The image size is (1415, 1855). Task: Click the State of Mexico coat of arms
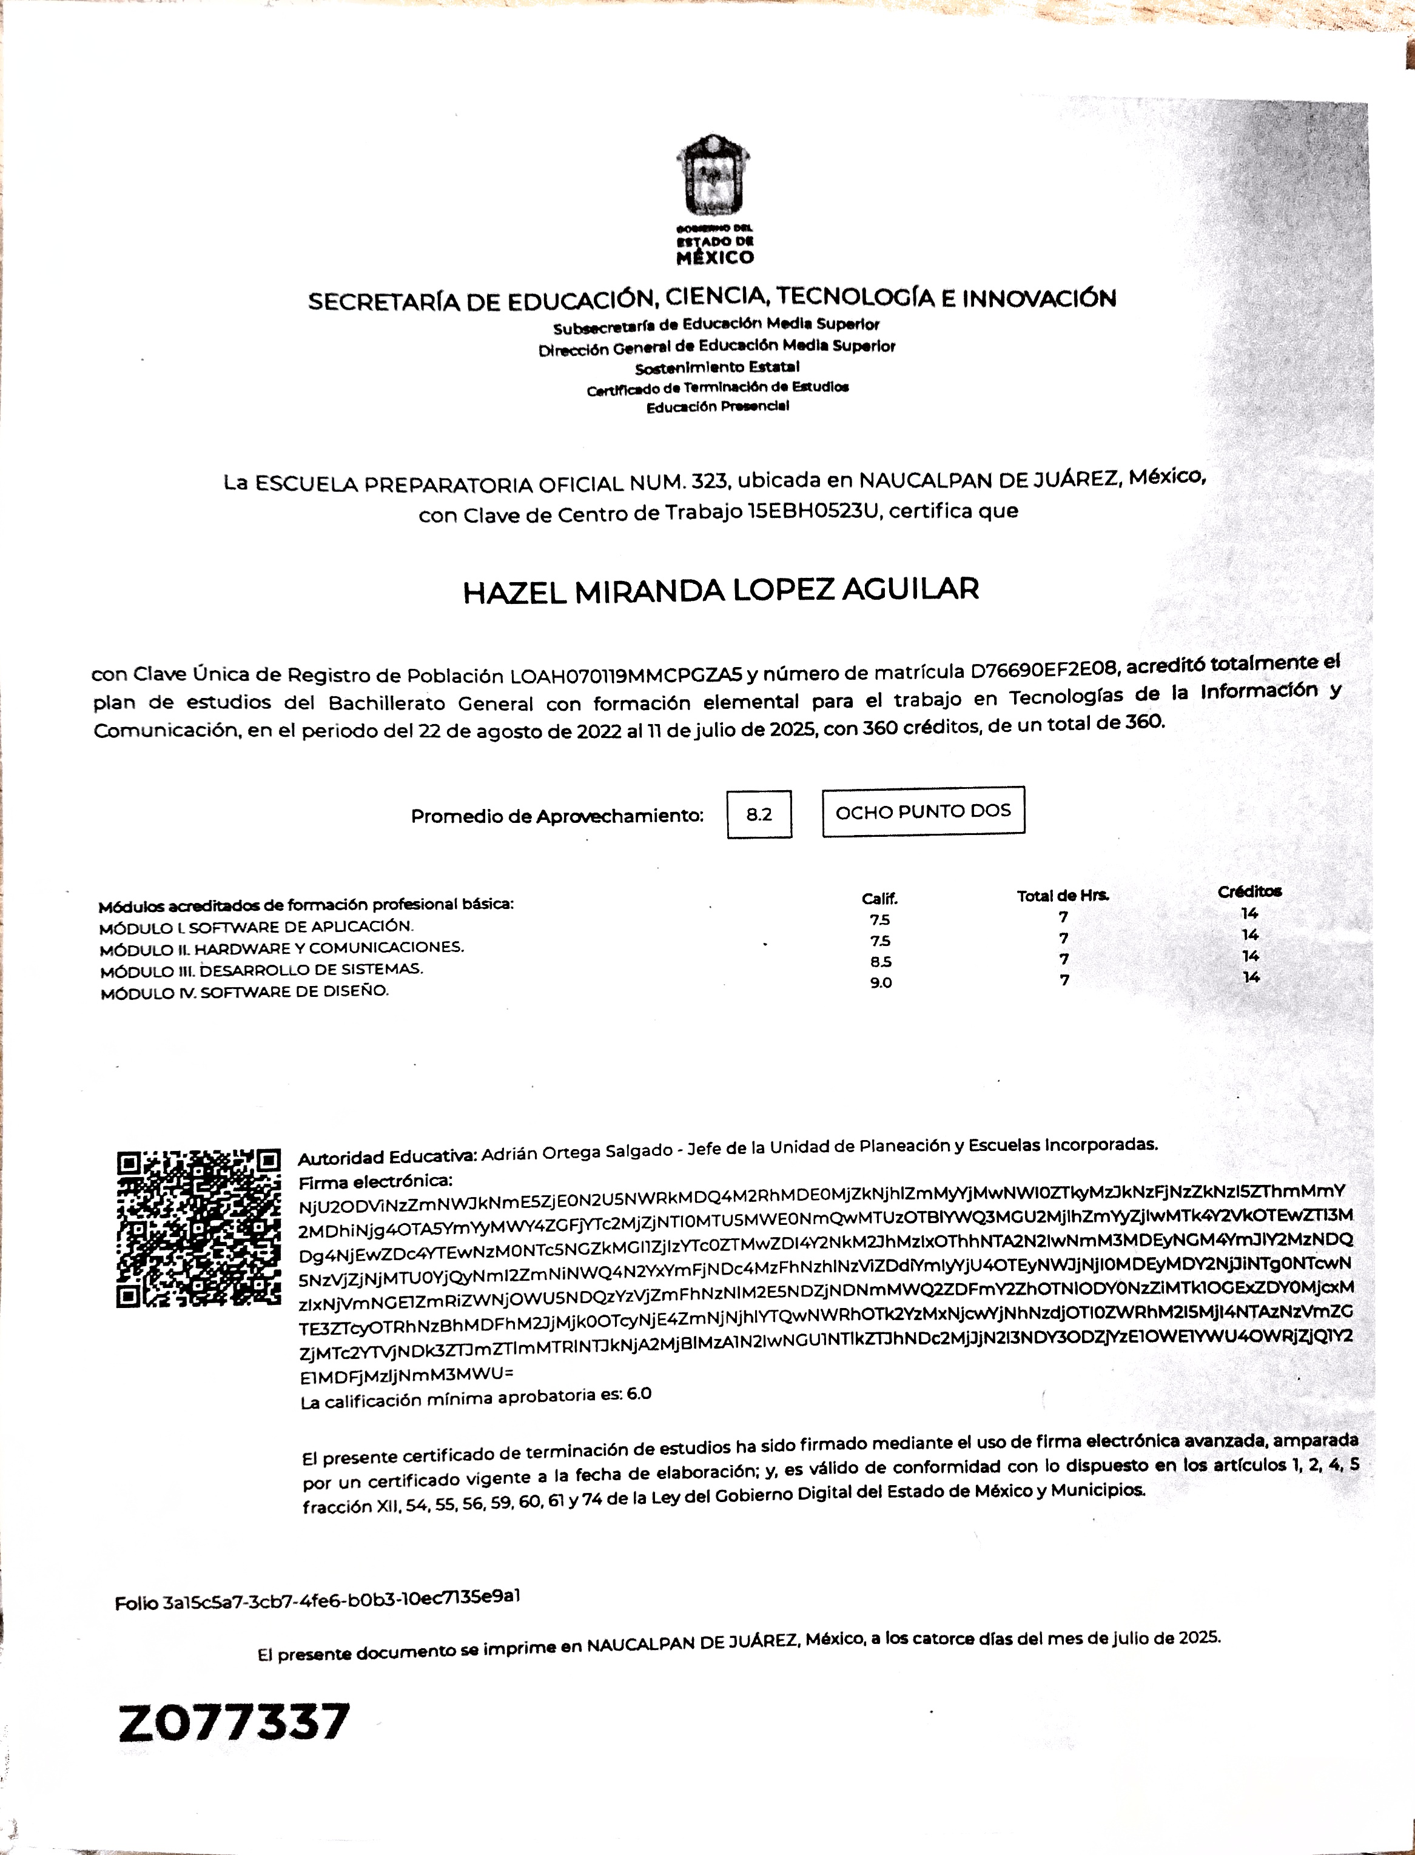coord(713,178)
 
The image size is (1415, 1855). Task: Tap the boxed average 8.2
coord(759,814)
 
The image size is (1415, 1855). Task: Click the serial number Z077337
coord(234,1722)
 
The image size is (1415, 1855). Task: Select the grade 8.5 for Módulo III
coord(881,962)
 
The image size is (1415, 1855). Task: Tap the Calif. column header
coord(879,899)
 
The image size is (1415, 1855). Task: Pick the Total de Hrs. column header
coord(1063,896)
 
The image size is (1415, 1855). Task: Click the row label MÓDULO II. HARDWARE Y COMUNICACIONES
coord(281,948)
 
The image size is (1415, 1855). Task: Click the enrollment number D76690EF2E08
coord(1044,670)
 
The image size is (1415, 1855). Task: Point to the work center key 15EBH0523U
coord(815,512)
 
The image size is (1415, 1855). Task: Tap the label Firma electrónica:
coord(375,1181)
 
